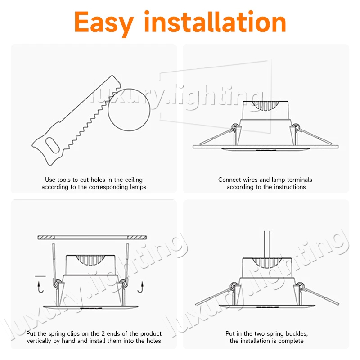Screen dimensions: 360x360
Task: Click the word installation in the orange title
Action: [x=215, y=21]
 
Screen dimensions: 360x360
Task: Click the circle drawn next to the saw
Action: [x=129, y=110]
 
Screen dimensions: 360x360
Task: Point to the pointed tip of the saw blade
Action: [x=112, y=75]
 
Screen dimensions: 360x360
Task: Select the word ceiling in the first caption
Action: [x=134, y=180]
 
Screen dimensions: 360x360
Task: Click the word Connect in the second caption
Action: [x=229, y=180]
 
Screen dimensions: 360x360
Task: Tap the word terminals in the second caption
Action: [x=299, y=180]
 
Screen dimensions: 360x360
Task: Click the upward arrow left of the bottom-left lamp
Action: [x=40, y=287]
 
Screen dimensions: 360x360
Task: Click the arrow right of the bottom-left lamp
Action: [x=140, y=287]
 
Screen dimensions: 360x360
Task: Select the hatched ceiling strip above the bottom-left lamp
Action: [x=92, y=238]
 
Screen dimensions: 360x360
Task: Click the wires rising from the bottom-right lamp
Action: [x=267, y=244]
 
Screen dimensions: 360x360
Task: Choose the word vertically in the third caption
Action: [x=39, y=341]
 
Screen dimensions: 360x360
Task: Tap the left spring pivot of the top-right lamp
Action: [x=234, y=127]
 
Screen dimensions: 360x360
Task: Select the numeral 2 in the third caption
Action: [x=103, y=333]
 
